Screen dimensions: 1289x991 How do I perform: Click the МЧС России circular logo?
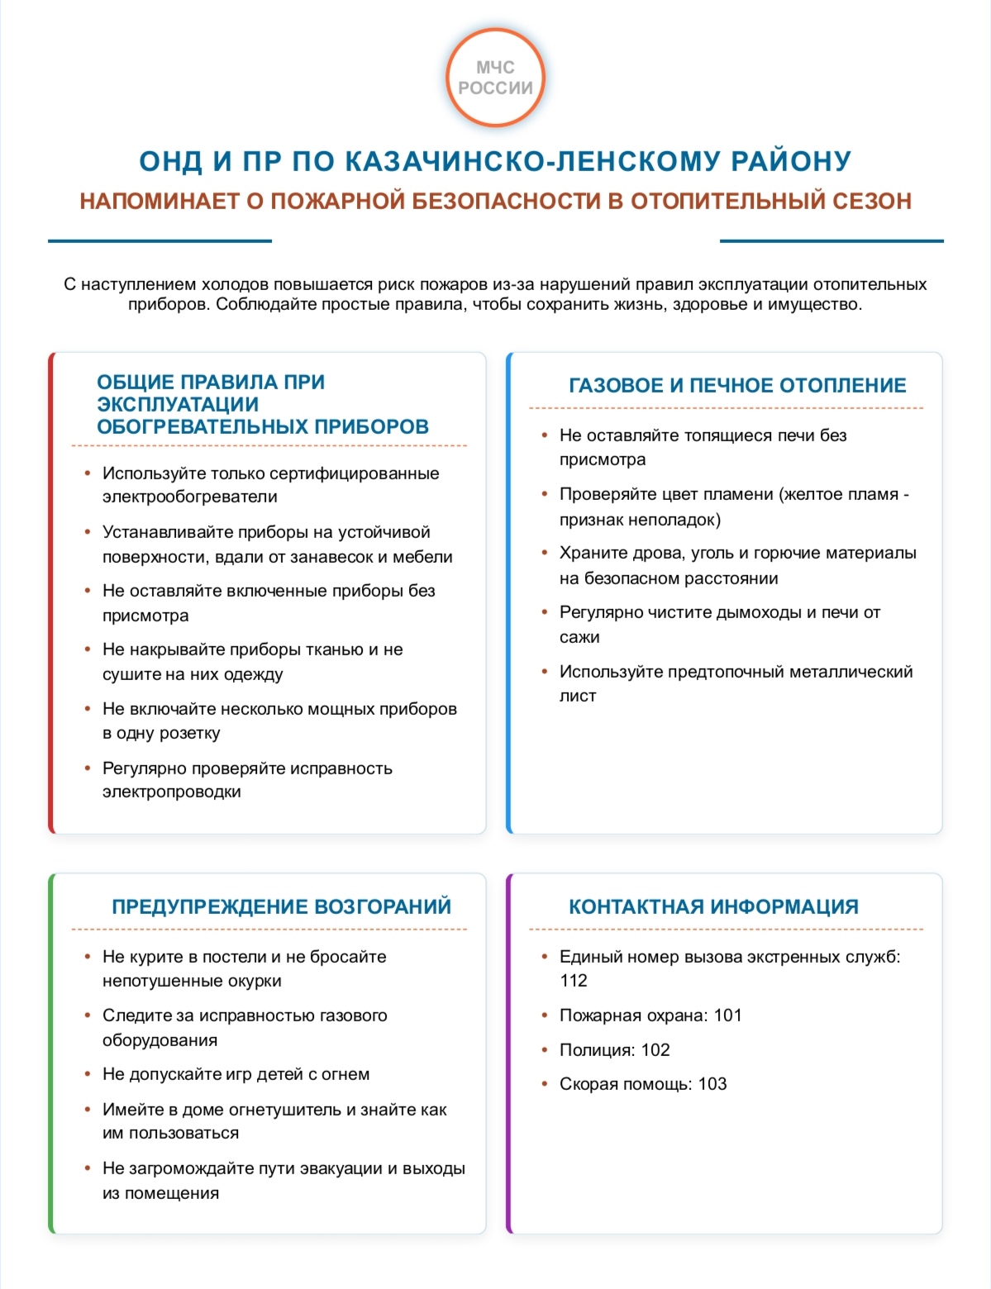495,78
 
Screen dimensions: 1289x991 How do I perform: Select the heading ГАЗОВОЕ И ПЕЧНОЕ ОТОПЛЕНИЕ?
737,385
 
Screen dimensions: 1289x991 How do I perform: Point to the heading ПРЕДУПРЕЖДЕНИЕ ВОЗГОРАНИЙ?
281,906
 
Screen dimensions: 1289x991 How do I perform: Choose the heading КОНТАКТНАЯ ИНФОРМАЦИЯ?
713,906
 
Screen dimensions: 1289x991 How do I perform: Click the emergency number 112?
574,981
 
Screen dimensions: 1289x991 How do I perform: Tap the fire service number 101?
727,1016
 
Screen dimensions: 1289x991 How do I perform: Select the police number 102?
655,1050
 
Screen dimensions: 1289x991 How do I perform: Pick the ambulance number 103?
712,1084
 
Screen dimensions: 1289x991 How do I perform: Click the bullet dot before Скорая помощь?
545,1083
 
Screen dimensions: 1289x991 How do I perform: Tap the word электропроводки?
171,792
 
